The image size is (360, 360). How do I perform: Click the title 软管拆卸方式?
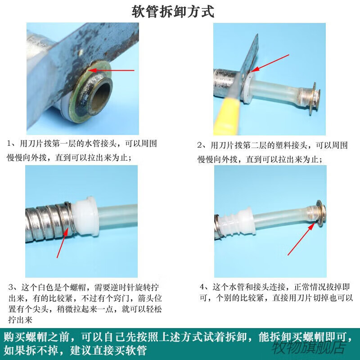click(173, 11)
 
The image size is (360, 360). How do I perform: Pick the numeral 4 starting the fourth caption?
click(202, 287)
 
